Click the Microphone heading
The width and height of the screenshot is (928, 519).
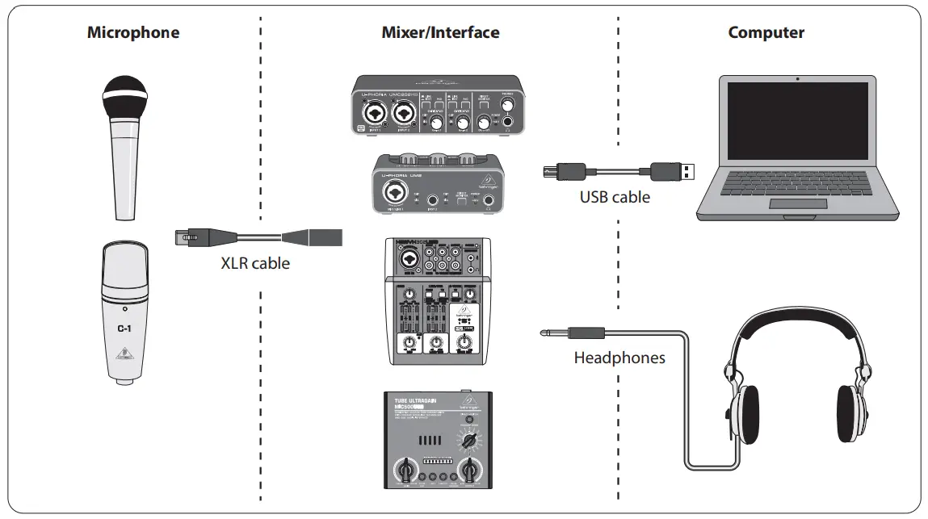pos(133,33)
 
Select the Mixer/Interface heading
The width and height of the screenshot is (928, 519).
pos(440,33)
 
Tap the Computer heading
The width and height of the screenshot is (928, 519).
pos(766,33)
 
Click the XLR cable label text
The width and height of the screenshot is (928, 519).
pos(255,263)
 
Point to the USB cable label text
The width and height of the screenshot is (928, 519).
pos(615,197)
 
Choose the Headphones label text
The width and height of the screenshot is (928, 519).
pos(619,358)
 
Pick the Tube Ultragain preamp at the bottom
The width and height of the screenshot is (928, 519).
pos(438,440)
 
